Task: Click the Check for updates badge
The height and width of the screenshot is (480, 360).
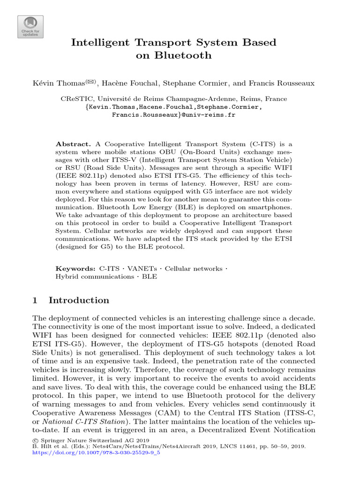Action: (x=30, y=27)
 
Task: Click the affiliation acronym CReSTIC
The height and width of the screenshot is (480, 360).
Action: (x=77, y=99)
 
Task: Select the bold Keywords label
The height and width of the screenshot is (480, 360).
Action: (x=75, y=269)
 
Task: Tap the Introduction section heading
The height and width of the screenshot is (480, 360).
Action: (x=79, y=300)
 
